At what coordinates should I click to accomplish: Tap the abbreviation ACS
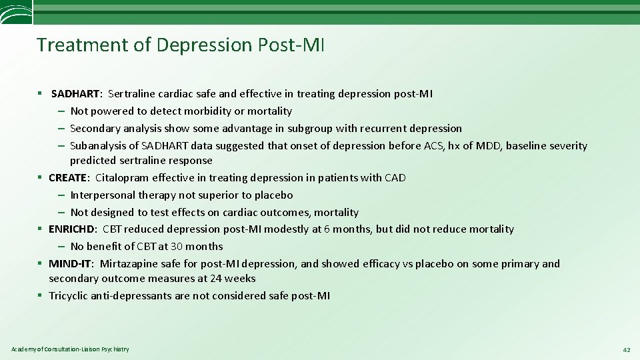pyautogui.click(x=436, y=146)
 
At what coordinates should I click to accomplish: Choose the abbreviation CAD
pyautogui.click(x=395, y=178)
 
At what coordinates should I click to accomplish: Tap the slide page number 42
pyautogui.click(x=626, y=350)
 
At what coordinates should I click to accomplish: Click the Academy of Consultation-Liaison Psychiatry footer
pyautogui.click(x=70, y=349)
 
